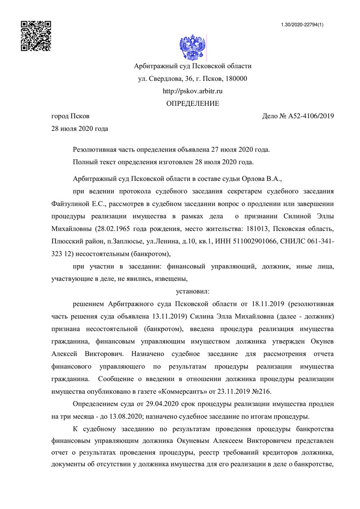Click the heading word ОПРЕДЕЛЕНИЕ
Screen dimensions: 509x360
click(x=193, y=104)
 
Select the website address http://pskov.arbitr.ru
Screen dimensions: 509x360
click(x=193, y=91)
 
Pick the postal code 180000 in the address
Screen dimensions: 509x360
click(x=234, y=79)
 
